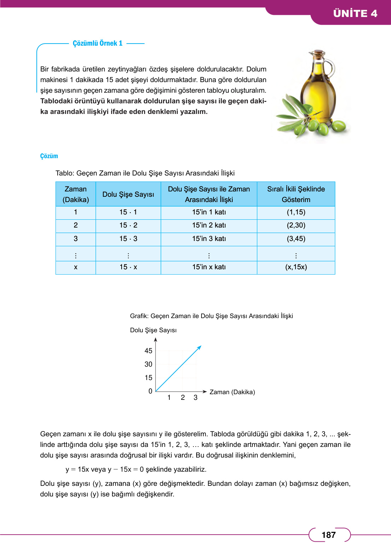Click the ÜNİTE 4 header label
(355, 13)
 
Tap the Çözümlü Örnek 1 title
(98, 43)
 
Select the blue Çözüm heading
(49, 156)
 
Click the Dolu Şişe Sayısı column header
(128, 194)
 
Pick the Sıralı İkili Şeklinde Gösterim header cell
(296, 194)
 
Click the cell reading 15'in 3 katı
(209, 239)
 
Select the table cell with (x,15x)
(296, 267)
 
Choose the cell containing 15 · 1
(128, 212)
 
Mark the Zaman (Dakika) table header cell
(76, 194)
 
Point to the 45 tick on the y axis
(148, 351)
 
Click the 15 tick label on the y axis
(148, 378)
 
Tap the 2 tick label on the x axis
(183, 397)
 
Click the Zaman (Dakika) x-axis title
(232, 392)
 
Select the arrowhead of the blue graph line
(200, 347)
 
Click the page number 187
(328, 535)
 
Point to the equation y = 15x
(86, 469)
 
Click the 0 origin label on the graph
(150, 391)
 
